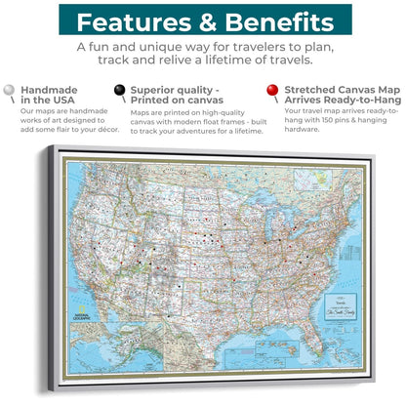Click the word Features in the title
click(133, 21)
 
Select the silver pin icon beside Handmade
click(10, 91)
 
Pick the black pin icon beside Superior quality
click(120, 91)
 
